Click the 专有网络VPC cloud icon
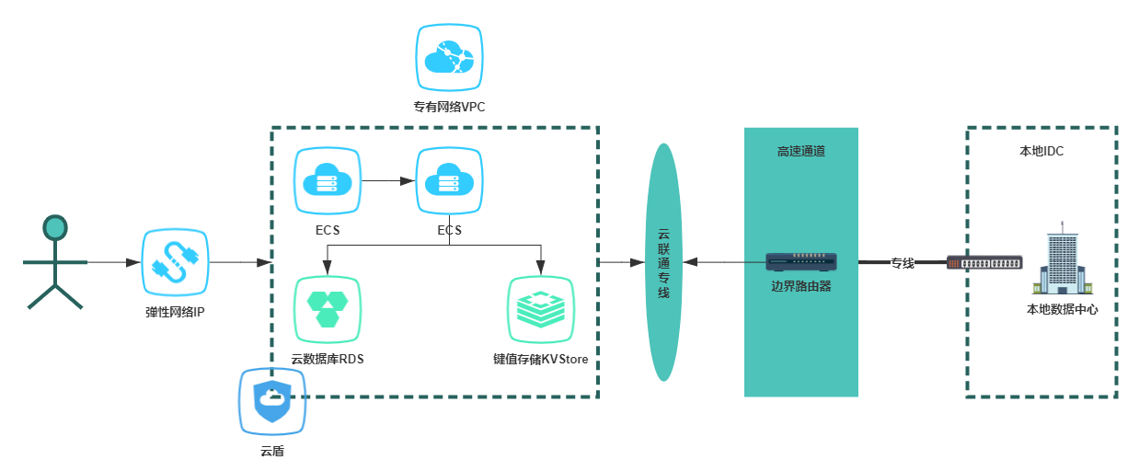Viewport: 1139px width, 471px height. tap(449, 58)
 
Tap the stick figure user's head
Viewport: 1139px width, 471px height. tap(55, 227)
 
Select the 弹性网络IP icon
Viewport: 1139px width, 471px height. tap(175, 262)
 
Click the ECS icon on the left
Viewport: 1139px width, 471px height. tap(328, 181)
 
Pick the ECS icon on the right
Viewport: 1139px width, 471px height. tap(449, 181)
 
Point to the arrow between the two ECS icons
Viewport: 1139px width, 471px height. tap(388, 181)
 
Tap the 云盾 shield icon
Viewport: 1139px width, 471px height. tap(272, 402)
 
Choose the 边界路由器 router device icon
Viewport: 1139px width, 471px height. tap(801, 261)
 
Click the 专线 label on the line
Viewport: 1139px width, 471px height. tap(902, 263)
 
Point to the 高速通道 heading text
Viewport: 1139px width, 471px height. tap(801, 151)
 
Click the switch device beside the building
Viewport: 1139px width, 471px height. tap(984, 263)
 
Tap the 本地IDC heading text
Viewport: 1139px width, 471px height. tap(1041, 151)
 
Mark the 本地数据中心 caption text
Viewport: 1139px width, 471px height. tap(1062, 309)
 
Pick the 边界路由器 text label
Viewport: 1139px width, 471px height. tap(801, 286)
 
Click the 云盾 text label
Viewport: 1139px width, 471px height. tap(272, 451)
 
